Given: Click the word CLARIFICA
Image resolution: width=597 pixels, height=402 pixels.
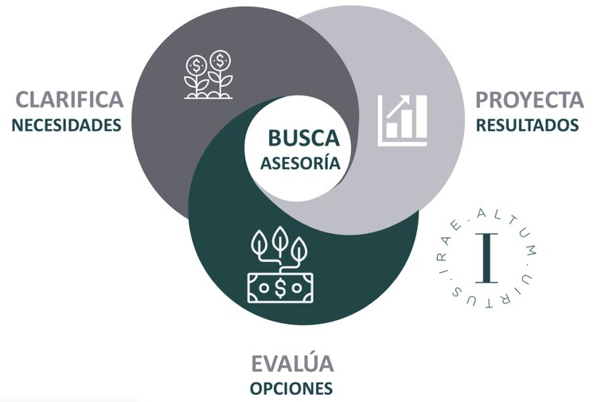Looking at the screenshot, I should pos(70,100).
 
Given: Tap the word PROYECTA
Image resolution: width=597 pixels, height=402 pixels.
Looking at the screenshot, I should pos(529,100).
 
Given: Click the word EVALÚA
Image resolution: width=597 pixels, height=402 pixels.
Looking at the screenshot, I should pos(290,365).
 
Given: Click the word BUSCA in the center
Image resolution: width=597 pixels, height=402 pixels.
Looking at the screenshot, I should pos(303,139).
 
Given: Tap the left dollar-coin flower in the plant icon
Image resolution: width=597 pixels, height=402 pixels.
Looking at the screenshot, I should pos(196,63).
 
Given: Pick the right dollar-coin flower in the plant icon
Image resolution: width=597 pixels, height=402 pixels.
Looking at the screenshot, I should pos(221,59).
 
